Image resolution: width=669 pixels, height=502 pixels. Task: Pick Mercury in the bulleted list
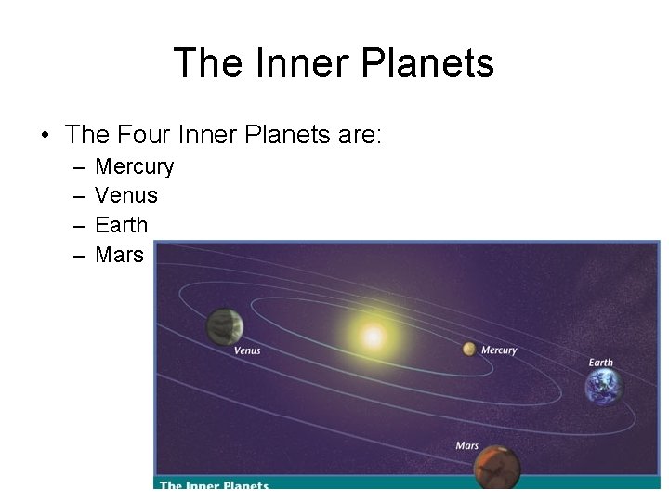[135, 167]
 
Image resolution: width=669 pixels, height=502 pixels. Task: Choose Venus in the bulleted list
[126, 196]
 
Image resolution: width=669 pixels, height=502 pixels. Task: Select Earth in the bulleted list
[122, 225]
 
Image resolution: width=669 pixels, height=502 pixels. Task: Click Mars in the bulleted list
[120, 254]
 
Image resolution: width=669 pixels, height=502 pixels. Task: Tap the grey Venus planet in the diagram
[225, 326]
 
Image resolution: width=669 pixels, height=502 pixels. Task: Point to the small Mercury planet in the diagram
[469, 349]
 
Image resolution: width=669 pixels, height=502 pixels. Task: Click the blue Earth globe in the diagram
[603, 387]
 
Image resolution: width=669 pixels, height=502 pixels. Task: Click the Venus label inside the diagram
[247, 350]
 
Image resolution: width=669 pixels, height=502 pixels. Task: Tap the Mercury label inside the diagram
[499, 350]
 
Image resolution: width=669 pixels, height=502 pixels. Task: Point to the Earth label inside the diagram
[601, 363]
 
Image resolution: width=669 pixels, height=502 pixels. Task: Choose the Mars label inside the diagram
[467, 446]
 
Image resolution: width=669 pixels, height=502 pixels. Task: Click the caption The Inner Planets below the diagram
[214, 485]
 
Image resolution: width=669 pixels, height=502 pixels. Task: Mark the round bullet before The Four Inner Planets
[45, 136]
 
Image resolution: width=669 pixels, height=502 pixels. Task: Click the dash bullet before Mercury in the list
[75, 167]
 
